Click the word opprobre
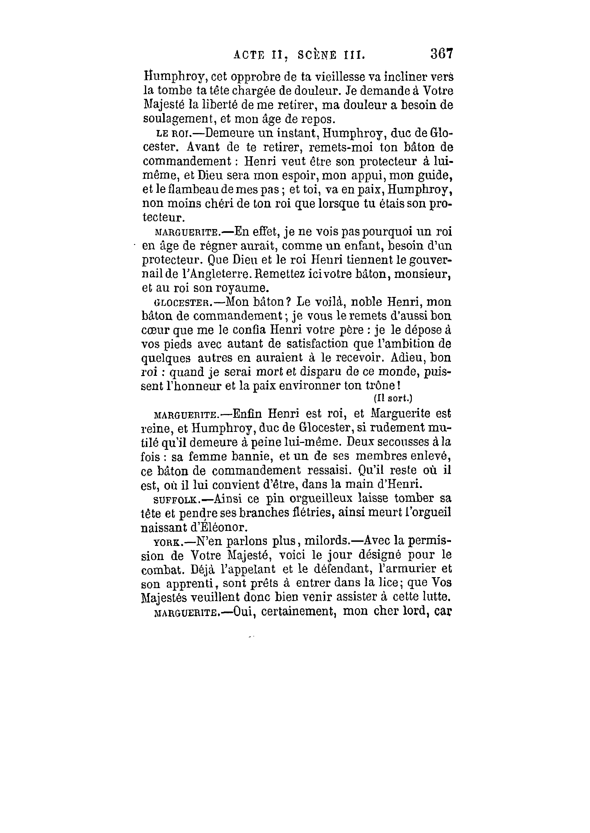(x=252, y=77)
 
